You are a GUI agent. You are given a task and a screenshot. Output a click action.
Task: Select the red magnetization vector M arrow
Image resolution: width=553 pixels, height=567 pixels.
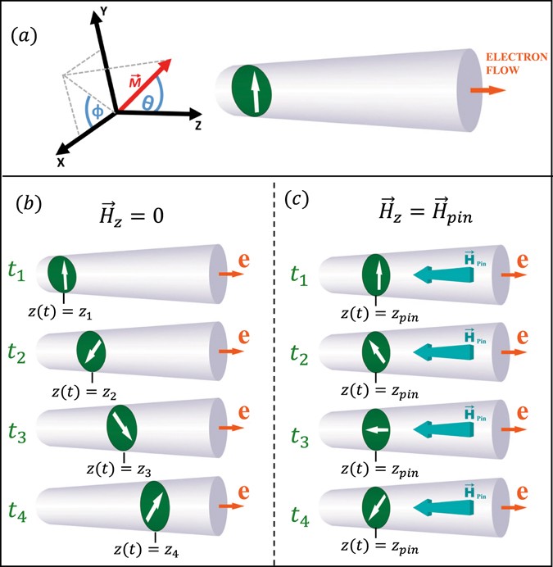point(145,86)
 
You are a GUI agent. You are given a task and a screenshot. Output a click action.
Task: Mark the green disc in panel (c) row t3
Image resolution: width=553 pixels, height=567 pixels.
point(376,429)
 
